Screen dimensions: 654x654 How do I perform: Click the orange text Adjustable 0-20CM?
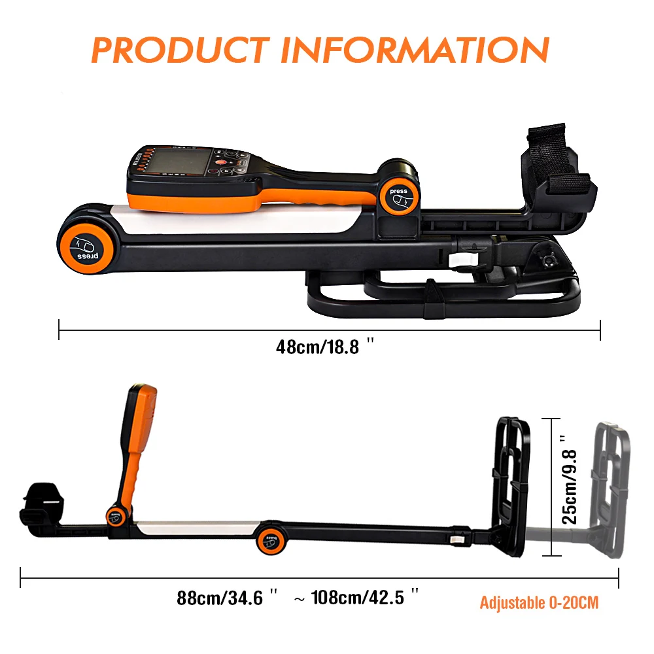[x=539, y=602]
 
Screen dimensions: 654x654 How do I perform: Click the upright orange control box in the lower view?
[x=138, y=445]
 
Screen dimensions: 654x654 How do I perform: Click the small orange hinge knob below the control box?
[x=116, y=515]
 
